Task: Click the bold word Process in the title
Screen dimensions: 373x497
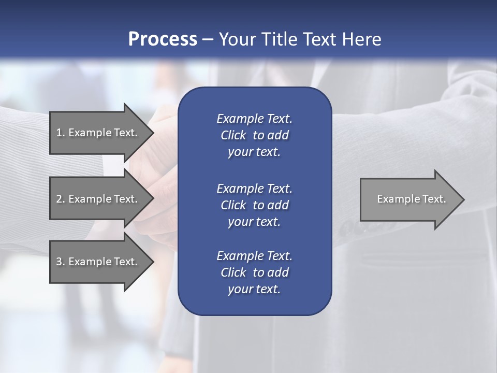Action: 163,39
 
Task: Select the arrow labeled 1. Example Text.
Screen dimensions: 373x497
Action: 98,133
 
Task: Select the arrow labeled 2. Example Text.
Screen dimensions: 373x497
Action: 98,199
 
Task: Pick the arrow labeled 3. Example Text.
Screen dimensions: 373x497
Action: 98,262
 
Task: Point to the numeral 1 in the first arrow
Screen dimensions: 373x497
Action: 59,133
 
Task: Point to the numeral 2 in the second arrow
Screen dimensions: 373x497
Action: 59,199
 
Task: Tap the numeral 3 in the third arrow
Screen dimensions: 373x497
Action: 59,262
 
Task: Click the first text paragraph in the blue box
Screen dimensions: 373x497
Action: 254,135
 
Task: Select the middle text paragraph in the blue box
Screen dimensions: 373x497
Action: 254,205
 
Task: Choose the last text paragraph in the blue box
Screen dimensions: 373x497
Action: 254,272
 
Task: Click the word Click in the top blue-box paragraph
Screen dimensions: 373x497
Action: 233,135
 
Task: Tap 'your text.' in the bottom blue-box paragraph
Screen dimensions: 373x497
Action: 254,289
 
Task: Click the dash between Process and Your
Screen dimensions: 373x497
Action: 208,39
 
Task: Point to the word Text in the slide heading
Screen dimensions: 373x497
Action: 317,39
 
